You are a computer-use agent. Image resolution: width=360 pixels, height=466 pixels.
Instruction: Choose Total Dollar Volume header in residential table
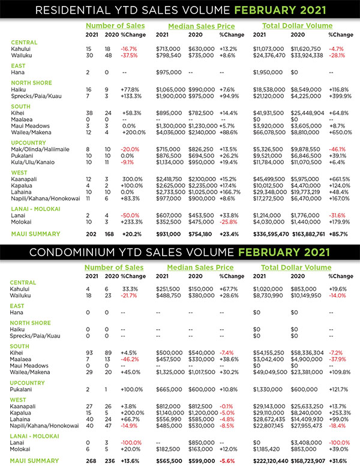point(297,26)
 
